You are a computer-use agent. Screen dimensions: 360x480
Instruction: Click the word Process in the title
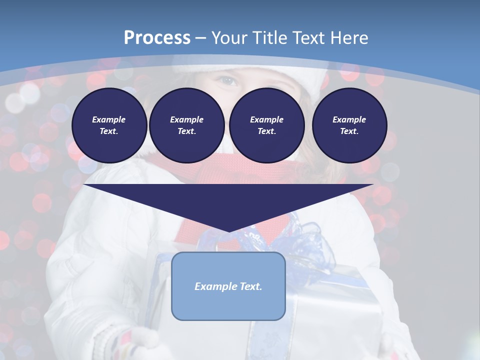pos(157,37)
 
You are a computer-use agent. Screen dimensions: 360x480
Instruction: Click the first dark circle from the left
pos(109,125)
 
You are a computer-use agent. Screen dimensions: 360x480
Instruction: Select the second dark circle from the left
pos(186,125)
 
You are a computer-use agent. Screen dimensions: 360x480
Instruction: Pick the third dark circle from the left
pos(266,125)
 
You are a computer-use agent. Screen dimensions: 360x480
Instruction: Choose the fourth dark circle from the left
pos(349,125)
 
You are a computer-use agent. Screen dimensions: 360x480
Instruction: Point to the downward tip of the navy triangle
pos(229,230)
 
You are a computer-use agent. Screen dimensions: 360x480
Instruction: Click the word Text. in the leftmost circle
pos(109,131)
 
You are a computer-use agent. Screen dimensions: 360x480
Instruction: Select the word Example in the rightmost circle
pos(349,119)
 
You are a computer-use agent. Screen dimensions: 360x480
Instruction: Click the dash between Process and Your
pos(201,37)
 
